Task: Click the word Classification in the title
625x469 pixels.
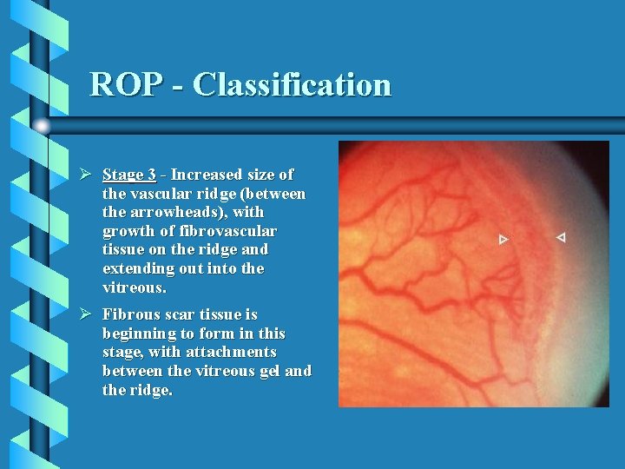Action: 292,85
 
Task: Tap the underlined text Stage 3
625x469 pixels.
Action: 129,175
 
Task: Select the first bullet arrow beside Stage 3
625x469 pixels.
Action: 86,175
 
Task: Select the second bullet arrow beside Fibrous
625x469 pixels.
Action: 86,314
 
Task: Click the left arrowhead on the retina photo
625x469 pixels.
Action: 503,239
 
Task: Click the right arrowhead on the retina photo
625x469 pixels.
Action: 560,237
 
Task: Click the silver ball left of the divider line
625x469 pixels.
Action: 42,125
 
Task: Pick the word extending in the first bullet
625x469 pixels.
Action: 139,269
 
